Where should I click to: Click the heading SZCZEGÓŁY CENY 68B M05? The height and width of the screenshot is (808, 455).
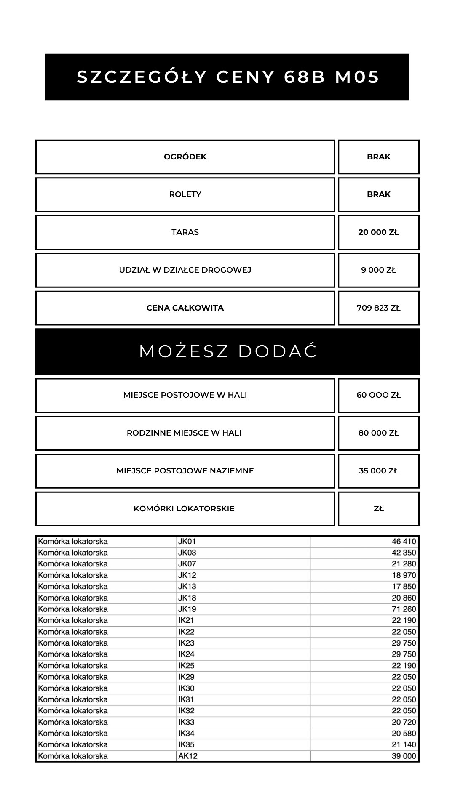tap(228, 77)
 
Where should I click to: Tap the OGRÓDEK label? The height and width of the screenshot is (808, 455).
tap(185, 157)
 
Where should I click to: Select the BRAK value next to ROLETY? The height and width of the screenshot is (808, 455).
tap(378, 194)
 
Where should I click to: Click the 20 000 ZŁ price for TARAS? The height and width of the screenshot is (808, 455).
tap(378, 232)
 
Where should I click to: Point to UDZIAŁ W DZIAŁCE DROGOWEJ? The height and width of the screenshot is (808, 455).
tap(185, 270)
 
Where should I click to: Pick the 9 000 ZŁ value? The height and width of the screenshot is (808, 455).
tap(378, 270)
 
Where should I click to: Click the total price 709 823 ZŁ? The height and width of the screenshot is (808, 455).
tap(378, 308)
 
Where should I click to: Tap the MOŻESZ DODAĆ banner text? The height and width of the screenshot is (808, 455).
tap(228, 351)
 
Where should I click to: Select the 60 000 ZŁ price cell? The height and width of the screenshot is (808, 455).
tap(378, 395)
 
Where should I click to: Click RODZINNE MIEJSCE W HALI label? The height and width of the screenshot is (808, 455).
tap(184, 433)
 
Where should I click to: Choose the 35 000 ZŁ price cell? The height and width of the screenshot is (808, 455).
tap(378, 471)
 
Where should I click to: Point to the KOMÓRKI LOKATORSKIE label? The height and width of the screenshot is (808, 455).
tap(184, 509)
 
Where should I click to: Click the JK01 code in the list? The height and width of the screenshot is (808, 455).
tap(187, 542)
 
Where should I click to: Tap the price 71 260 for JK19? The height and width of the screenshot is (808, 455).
tap(404, 609)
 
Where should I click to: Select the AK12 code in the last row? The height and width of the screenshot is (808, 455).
tap(188, 756)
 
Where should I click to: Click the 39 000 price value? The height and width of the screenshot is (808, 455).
tap(404, 756)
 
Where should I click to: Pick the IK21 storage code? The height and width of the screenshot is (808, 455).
tap(186, 620)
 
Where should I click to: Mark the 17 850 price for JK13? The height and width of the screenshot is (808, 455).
tap(404, 587)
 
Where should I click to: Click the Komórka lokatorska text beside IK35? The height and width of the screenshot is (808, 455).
tap(73, 745)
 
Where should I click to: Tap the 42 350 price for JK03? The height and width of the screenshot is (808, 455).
tap(404, 553)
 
